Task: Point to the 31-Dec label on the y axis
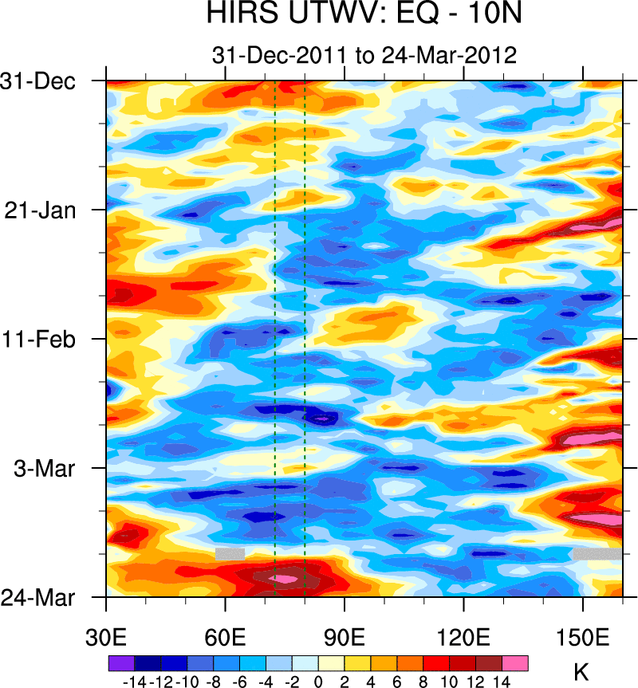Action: (x=49, y=81)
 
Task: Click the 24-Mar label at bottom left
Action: (x=49, y=596)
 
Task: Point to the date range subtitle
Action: (x=364, y=55)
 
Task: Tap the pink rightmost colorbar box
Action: (x=515, y=663)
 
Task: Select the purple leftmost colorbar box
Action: (x=121, y=663)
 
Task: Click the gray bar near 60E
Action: (x=230, y=553)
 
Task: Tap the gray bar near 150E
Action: (x=597, y=553)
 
